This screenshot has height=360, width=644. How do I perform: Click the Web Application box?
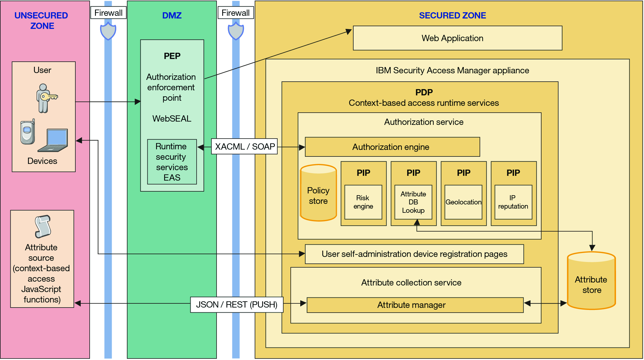coord(458,38)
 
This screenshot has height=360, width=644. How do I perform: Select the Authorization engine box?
coord(392,147)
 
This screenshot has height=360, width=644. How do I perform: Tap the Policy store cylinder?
coord(318,193)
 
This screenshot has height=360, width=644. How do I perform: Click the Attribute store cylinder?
coord(591,280)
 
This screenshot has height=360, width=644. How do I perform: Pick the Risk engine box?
coord(363,202)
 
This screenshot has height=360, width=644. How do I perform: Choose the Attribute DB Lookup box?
coord(413,202)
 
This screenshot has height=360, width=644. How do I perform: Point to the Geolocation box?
coord(463,202)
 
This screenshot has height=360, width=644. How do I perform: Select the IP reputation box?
coord(513,202)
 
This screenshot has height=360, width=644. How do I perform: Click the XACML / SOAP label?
coord(244,146)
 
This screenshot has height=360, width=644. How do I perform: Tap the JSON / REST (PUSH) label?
coord(237,305)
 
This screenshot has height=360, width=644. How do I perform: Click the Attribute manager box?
coord(415,305)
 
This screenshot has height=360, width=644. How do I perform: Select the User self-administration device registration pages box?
coord(414,254)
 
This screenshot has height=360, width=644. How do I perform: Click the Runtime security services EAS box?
coord(172,162)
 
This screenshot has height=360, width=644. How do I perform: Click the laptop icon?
coord(53,140)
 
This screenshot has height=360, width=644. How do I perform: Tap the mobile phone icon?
coord(28,132)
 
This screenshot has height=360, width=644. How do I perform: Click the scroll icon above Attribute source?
coord(43,226)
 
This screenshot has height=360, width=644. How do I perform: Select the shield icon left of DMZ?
coord(108,31)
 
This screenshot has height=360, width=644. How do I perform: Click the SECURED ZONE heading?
coord(452,15)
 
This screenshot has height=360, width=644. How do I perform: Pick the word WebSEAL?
coord(172,119)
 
